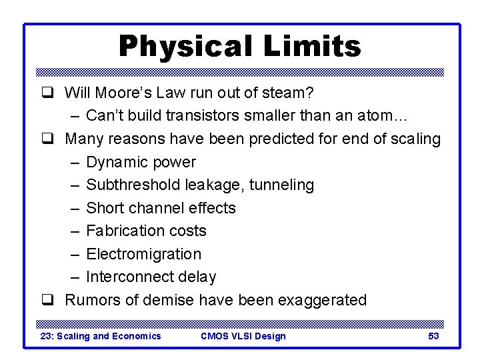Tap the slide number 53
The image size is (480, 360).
coord(433,336)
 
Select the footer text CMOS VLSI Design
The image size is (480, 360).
coord(243,336)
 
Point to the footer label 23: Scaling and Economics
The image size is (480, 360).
coord(101,336)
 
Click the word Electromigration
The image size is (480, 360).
coord(143,254)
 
